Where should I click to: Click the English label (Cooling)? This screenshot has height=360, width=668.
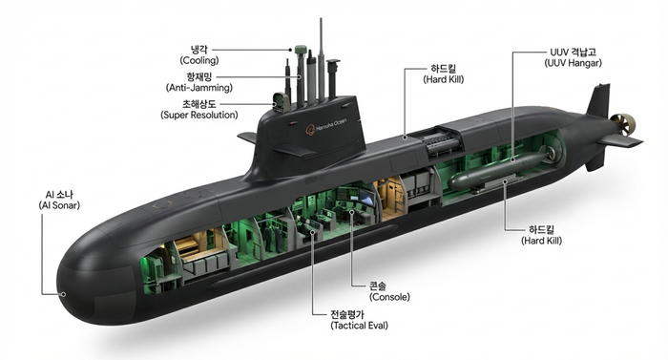[x=199, y=60]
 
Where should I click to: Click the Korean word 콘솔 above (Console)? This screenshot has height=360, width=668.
[x=378, y=286]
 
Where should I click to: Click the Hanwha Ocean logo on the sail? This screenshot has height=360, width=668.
[x=326, y=126]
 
